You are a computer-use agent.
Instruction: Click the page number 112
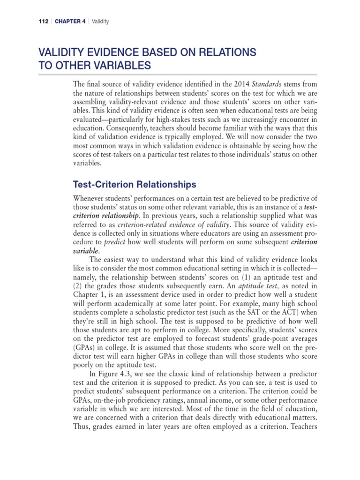pos(45,22)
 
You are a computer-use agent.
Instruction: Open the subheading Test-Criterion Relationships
pos(135,185)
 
